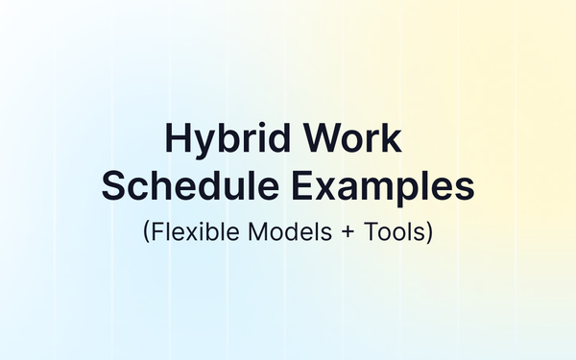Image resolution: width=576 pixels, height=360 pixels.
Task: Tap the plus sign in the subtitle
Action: coord(339,231)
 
